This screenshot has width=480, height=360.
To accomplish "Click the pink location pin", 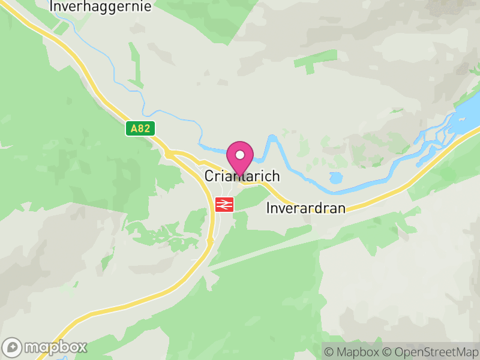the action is tap(240, 157).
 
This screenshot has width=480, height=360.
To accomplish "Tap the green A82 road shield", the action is tap(141, 128).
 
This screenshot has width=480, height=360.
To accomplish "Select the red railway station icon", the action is tap(224, 204).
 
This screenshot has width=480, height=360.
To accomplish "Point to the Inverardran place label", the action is tap(306, 209).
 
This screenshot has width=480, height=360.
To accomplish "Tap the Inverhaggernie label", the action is tap(101, 7).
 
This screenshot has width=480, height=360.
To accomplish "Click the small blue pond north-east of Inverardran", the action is tap(335, 178).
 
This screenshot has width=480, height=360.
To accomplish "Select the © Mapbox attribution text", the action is tap(352, 352).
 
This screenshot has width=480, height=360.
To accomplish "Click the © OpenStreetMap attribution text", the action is tap(428, 352).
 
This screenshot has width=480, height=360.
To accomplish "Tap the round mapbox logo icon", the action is tap(13, 347).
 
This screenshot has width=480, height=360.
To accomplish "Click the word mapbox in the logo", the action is tap(55, 347).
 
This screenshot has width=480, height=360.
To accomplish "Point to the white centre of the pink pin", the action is tap(240, 155).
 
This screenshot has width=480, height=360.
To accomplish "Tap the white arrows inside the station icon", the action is tap(224, 204).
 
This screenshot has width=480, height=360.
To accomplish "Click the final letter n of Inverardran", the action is tap(342, 209).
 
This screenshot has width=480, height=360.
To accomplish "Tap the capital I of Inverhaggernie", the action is tap(52, 7).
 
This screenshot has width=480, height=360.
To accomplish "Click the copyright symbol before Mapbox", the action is tap(328, 352).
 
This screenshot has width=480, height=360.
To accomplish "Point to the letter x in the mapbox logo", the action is tap(82, 347).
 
